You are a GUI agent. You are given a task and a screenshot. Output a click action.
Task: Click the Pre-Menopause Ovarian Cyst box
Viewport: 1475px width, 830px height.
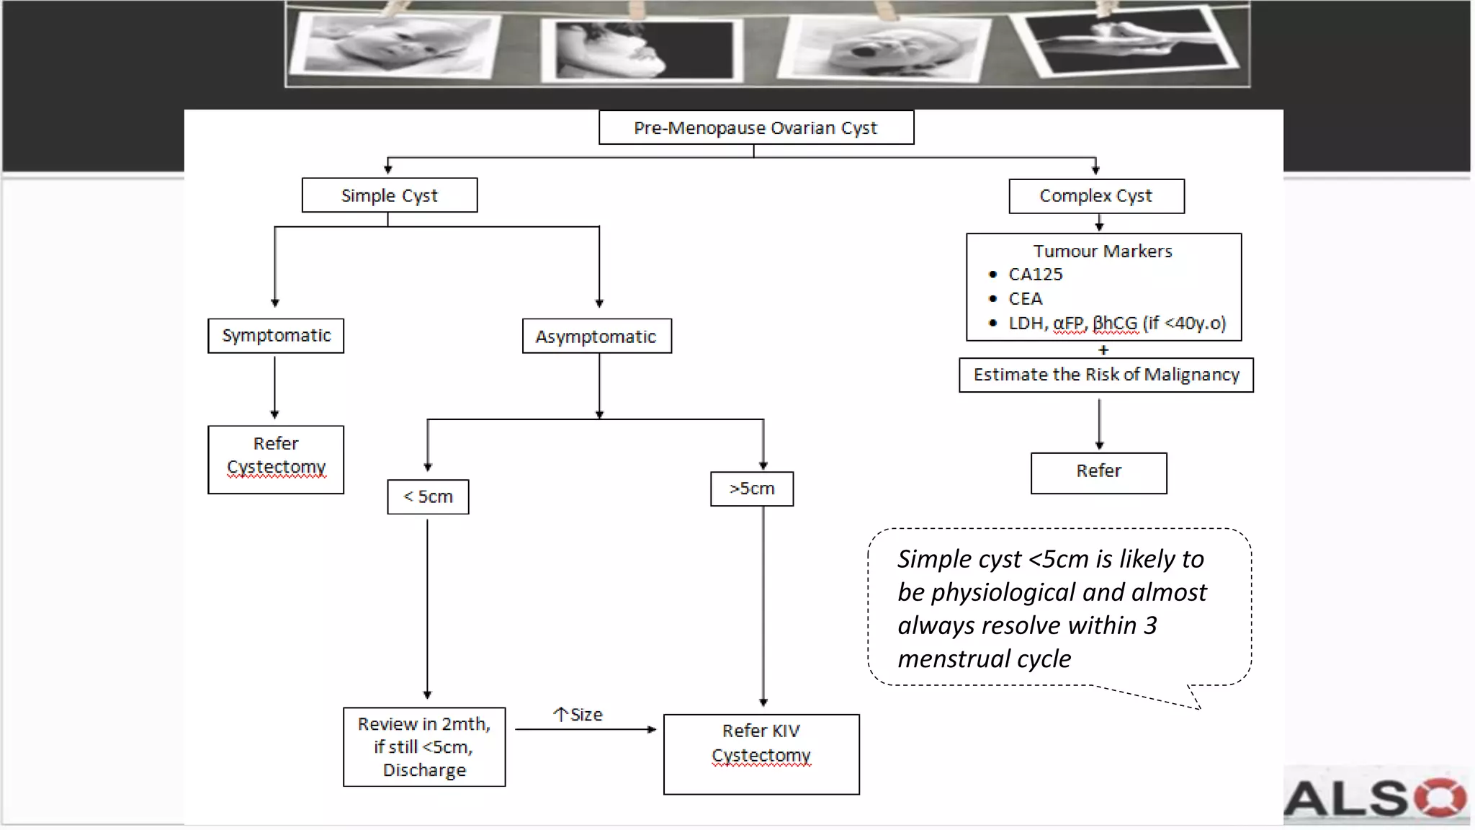tap(756, 128)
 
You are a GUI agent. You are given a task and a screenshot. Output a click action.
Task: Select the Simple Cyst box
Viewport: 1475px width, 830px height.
tap(389, 195)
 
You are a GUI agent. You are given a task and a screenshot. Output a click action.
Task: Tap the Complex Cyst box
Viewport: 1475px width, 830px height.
tap(1095, 196)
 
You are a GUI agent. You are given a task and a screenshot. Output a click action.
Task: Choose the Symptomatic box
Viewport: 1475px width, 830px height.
tap(276, 336)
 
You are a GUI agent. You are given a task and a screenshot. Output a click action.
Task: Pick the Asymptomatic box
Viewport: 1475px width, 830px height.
tap(596, 336)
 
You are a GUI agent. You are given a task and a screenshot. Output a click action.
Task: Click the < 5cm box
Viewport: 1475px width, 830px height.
tap(428, 497)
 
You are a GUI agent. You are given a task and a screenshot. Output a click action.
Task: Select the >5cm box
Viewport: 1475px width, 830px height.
tap(751, 489)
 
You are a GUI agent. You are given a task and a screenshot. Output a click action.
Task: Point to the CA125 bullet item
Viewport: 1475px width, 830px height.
tap(1035, 275)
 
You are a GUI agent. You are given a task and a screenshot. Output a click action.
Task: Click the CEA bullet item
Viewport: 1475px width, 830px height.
tap(1025, 299)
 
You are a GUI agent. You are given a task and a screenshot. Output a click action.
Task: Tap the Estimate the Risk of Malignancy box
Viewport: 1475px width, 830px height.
tap(1106, 375)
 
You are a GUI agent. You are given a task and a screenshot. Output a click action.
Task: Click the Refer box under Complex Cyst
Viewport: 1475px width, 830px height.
tap(1098, 472)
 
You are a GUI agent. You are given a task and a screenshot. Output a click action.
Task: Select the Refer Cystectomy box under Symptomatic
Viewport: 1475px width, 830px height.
tap(276, 459)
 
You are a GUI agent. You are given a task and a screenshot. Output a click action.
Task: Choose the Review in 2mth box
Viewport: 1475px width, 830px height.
tap(424, 746)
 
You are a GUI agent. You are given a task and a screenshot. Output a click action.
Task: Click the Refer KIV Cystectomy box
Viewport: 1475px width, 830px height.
tap(761, 753)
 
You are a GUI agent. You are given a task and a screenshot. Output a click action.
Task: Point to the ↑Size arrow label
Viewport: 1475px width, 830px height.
tap(578, 715)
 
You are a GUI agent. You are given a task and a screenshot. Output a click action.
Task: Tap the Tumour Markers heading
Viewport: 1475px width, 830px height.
tap(1102, 251)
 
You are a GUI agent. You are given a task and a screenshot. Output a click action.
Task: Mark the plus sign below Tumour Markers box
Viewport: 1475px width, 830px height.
tap(1103, 350)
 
